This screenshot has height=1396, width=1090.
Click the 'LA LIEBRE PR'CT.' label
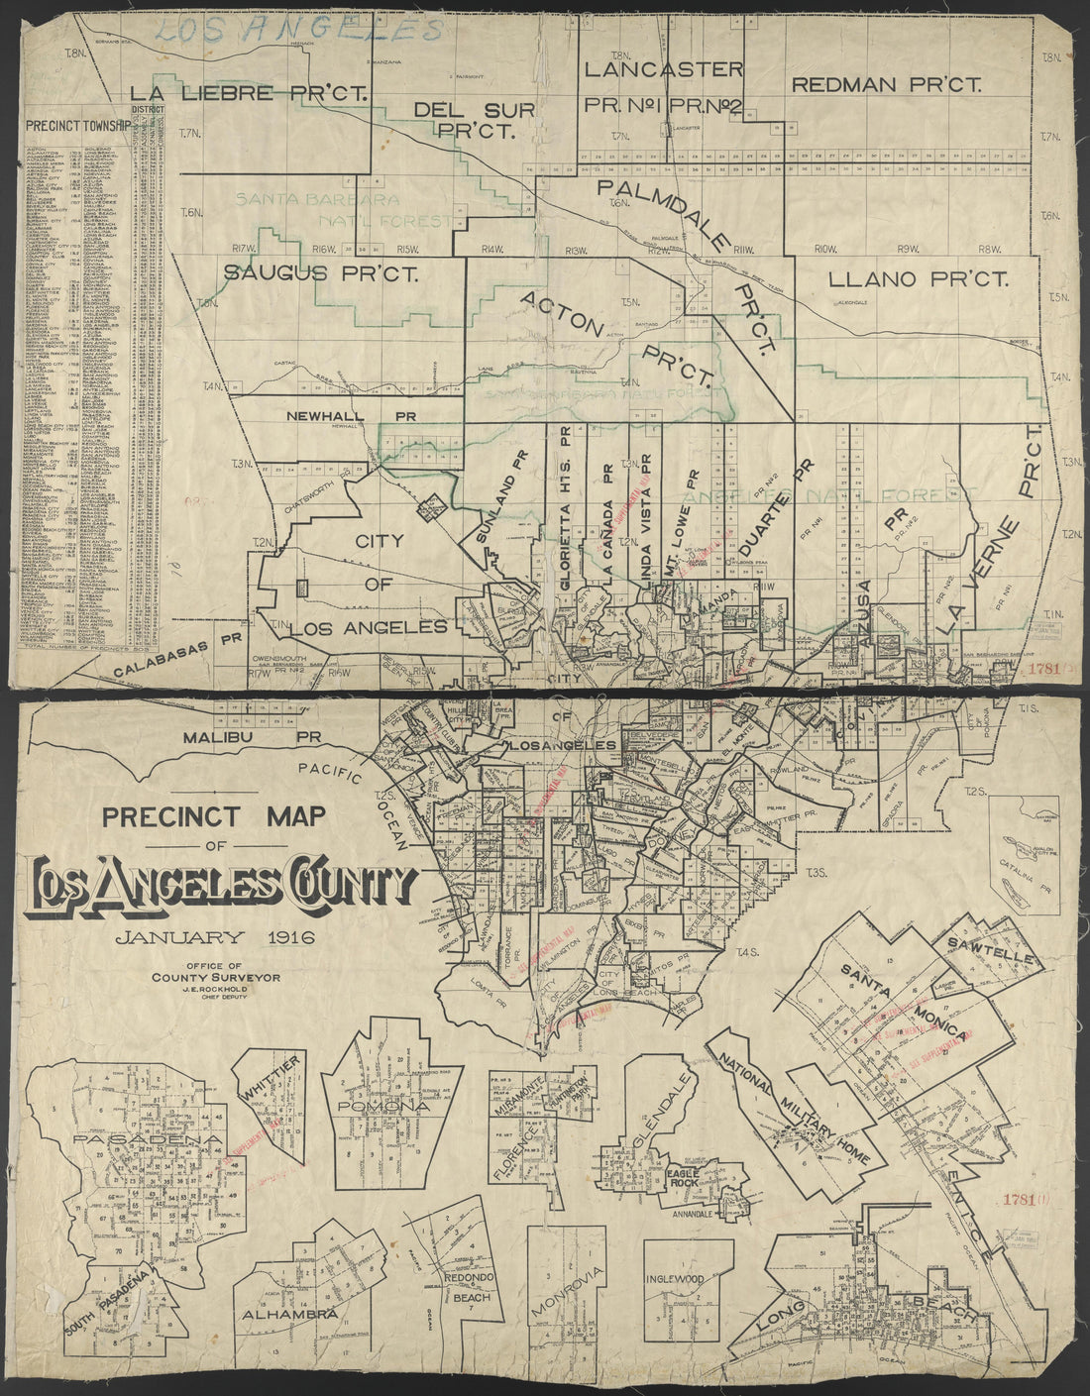coord(249,94)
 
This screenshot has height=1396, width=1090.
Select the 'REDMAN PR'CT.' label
coord(886,85)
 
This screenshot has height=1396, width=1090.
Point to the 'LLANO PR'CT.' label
coord(917,280)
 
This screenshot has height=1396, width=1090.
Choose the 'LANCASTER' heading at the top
coord(663,69)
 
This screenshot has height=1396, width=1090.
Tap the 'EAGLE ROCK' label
coord(683,1173)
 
